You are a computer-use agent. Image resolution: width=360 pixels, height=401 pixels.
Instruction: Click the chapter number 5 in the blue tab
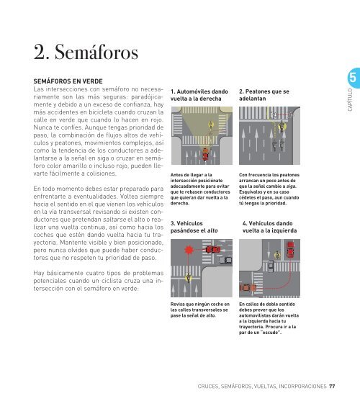click(x=353, y=77)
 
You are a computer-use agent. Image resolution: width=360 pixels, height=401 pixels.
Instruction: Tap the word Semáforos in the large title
click(x=96, y=52)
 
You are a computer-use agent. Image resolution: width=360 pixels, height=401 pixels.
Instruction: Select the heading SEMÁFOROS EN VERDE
click(x=68, y=81)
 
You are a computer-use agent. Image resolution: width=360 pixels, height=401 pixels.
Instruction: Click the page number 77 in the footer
click(x=332, y=386)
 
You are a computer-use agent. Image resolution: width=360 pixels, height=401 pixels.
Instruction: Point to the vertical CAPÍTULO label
click(x=350, y=100)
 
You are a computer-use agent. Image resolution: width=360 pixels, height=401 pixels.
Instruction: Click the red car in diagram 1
click(x=205, y=154)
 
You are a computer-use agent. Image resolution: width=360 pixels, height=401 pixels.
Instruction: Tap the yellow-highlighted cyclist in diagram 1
click(x=211, y=125)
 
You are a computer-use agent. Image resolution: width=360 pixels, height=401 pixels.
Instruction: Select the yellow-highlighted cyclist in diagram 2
click(x=282, y=125)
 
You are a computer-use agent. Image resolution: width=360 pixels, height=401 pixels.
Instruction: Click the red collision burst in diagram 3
click(x=189, y=249)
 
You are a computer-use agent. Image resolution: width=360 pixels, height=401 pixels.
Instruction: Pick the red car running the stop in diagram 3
click(x=212, y=249)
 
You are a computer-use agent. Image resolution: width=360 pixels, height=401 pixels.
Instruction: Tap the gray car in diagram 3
click(x=226, y=260)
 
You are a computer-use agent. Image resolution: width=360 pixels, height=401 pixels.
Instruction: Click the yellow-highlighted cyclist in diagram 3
click(x=189, y=277)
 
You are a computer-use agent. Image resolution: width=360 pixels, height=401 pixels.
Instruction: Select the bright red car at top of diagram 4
click(x=290, y=249)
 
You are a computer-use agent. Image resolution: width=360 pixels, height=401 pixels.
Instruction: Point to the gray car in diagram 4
click(x=271, y=266)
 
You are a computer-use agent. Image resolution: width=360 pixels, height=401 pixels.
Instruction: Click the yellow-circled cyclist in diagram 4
click(x=277, y=255)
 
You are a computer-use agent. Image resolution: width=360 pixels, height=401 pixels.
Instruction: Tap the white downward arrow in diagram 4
click(x=269, y=249)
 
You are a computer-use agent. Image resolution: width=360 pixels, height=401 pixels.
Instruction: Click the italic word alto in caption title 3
click(x=212, y=230)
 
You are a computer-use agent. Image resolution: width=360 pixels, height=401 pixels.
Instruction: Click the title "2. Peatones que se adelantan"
click(x=264, y=95)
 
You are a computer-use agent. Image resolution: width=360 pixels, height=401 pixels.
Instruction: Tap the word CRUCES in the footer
click(x=208, y=386)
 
